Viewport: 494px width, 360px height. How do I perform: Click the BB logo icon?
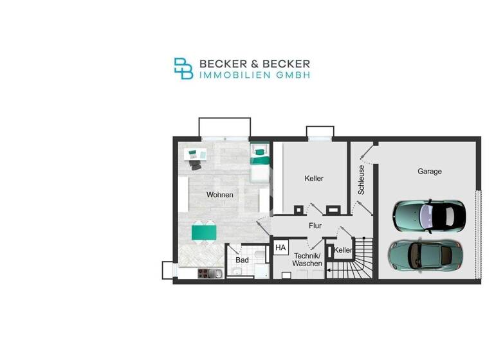[183, 69]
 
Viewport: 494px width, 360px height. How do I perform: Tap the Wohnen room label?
[219, 195]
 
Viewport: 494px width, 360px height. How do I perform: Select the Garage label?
[429, 172]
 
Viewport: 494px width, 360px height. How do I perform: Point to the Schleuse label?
[361, 180]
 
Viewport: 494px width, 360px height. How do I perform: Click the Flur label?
[315, 226]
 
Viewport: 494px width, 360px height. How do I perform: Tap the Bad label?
[242, 260]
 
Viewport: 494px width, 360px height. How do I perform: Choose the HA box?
[280, 248]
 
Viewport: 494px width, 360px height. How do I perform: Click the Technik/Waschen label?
[306, 260]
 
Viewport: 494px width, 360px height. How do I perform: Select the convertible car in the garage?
[428, 214]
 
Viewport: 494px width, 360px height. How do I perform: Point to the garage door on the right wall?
[477, 235]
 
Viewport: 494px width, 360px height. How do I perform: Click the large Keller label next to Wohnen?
[314, 178]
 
